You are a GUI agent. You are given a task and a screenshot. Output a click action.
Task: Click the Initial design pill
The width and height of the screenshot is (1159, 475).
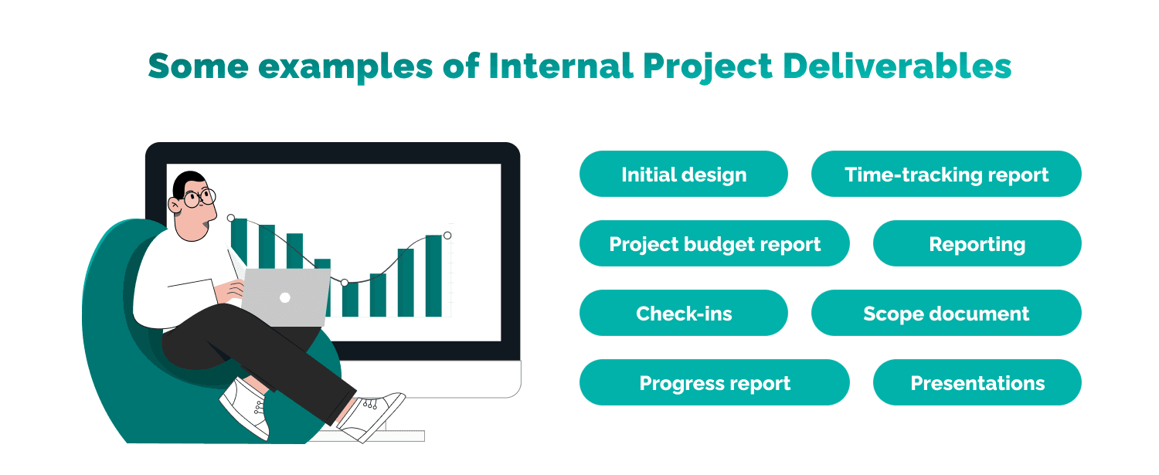pyautogui.click(x=683, y=175)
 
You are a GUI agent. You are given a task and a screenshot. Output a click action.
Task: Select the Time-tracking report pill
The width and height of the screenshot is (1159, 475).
pyautogui.click(x=946, y=175)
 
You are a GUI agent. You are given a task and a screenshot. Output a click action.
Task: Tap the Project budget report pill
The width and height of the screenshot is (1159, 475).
pyautogui.click(x=714, y=244)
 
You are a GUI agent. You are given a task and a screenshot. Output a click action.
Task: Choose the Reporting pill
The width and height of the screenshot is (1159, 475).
pyautogui.click(x=977, y=244)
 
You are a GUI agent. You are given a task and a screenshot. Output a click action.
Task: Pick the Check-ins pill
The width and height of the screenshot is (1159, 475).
pyautogui.click(x=683, y=314)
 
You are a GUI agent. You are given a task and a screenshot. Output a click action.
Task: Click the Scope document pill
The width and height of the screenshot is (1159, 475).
pyautogui.click(x=946, y=314)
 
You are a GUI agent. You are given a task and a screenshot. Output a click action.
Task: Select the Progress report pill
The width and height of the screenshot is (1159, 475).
pyautogui.click(x=714, y=383)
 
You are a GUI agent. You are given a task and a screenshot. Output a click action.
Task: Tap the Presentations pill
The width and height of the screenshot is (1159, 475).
pyautogui.click(x=977, y=383)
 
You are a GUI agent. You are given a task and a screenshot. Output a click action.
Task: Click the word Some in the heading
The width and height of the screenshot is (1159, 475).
pyautogui.click(x=198, y=66)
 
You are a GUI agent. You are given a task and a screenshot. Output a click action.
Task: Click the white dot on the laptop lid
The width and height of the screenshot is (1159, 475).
pyautogui.click(x=284, y=297)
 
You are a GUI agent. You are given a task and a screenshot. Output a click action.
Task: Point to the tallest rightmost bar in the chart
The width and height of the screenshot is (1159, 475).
pyautogui.click(x=433, y=276)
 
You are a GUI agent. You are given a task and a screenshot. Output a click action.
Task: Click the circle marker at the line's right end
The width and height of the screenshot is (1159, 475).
pyautogui.click(x=447, y=236)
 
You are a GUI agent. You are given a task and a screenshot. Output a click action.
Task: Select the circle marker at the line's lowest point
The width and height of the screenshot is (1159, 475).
pyautogui.click(x=345, y=283)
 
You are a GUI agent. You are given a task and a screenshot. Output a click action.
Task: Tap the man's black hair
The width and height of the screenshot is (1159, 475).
pyautogui.click(x=188, y=182)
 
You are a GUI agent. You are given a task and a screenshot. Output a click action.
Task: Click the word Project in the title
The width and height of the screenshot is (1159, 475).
pyautogui.click(x=705, y=66)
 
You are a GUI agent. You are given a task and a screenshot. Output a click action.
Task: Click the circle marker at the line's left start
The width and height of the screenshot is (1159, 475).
pyautogui.click(x=230, y=218)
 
